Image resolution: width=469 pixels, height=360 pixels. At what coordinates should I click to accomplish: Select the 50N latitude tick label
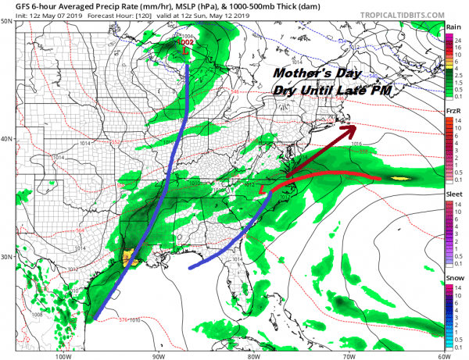click(7, 21)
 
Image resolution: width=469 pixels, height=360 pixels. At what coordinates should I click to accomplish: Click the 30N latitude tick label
click(7, 257)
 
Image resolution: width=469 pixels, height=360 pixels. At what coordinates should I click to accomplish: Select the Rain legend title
click(453, 28)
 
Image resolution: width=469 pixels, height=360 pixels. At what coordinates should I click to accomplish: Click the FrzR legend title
click(453, 112)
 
